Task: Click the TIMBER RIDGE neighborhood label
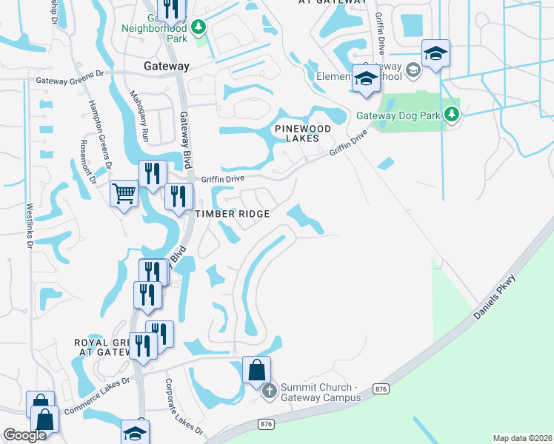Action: click(231, 213)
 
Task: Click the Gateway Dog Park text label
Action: click(398, 115)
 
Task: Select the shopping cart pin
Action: click(124, 195)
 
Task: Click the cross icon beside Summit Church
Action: click(269, 390)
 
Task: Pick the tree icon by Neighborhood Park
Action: click(198, 28)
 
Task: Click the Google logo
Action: click(25, 436)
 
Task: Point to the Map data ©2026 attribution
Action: click(522, 438)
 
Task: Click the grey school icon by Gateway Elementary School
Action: click(413, 70)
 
